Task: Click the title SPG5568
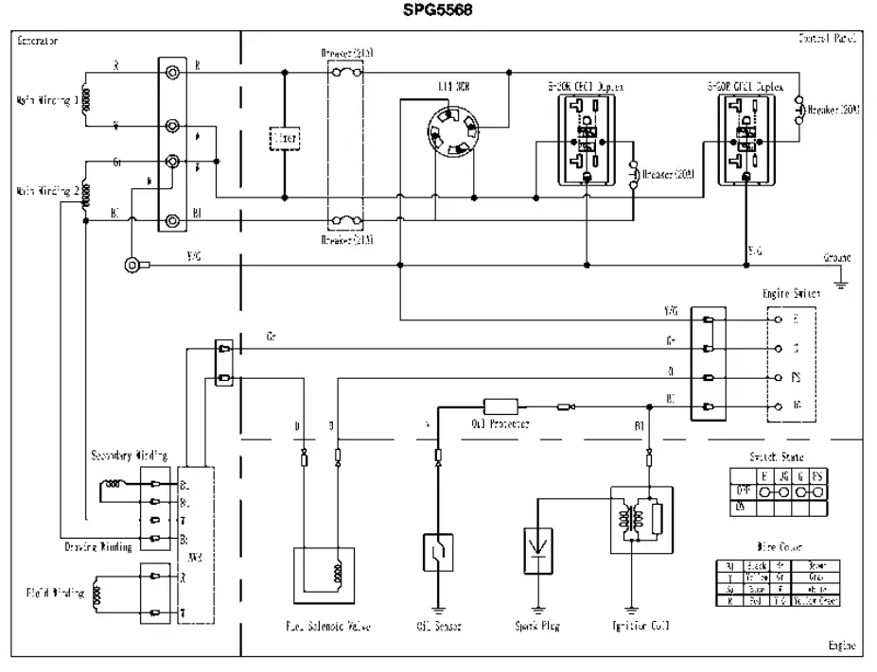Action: coord(437,10)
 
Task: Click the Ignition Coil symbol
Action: coord(641,520)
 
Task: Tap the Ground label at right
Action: coord(836,257)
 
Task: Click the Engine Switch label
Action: coord(792,294)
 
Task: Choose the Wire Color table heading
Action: coord(775,546)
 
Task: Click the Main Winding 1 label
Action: coord(48,100)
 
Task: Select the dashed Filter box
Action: coord(284,138)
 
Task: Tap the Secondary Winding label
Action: coord(129,456)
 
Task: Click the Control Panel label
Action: coord(828,40)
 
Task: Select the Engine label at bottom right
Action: coord(842,646)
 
